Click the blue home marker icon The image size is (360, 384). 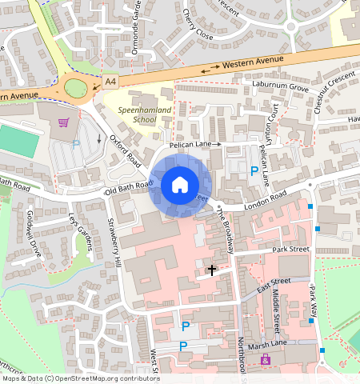click(x=180, y=185)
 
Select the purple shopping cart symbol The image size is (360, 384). click(x=62, y=122)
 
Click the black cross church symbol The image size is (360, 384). click(x=212, y=270)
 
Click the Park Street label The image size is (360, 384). click(x=290, y=250)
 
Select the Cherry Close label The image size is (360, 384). click(x=198, y=25)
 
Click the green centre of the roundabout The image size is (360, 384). click(x=76, y=87)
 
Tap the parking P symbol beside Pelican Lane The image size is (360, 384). click(x=254, y=170)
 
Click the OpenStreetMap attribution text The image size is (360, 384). click(x=80, y=378)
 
